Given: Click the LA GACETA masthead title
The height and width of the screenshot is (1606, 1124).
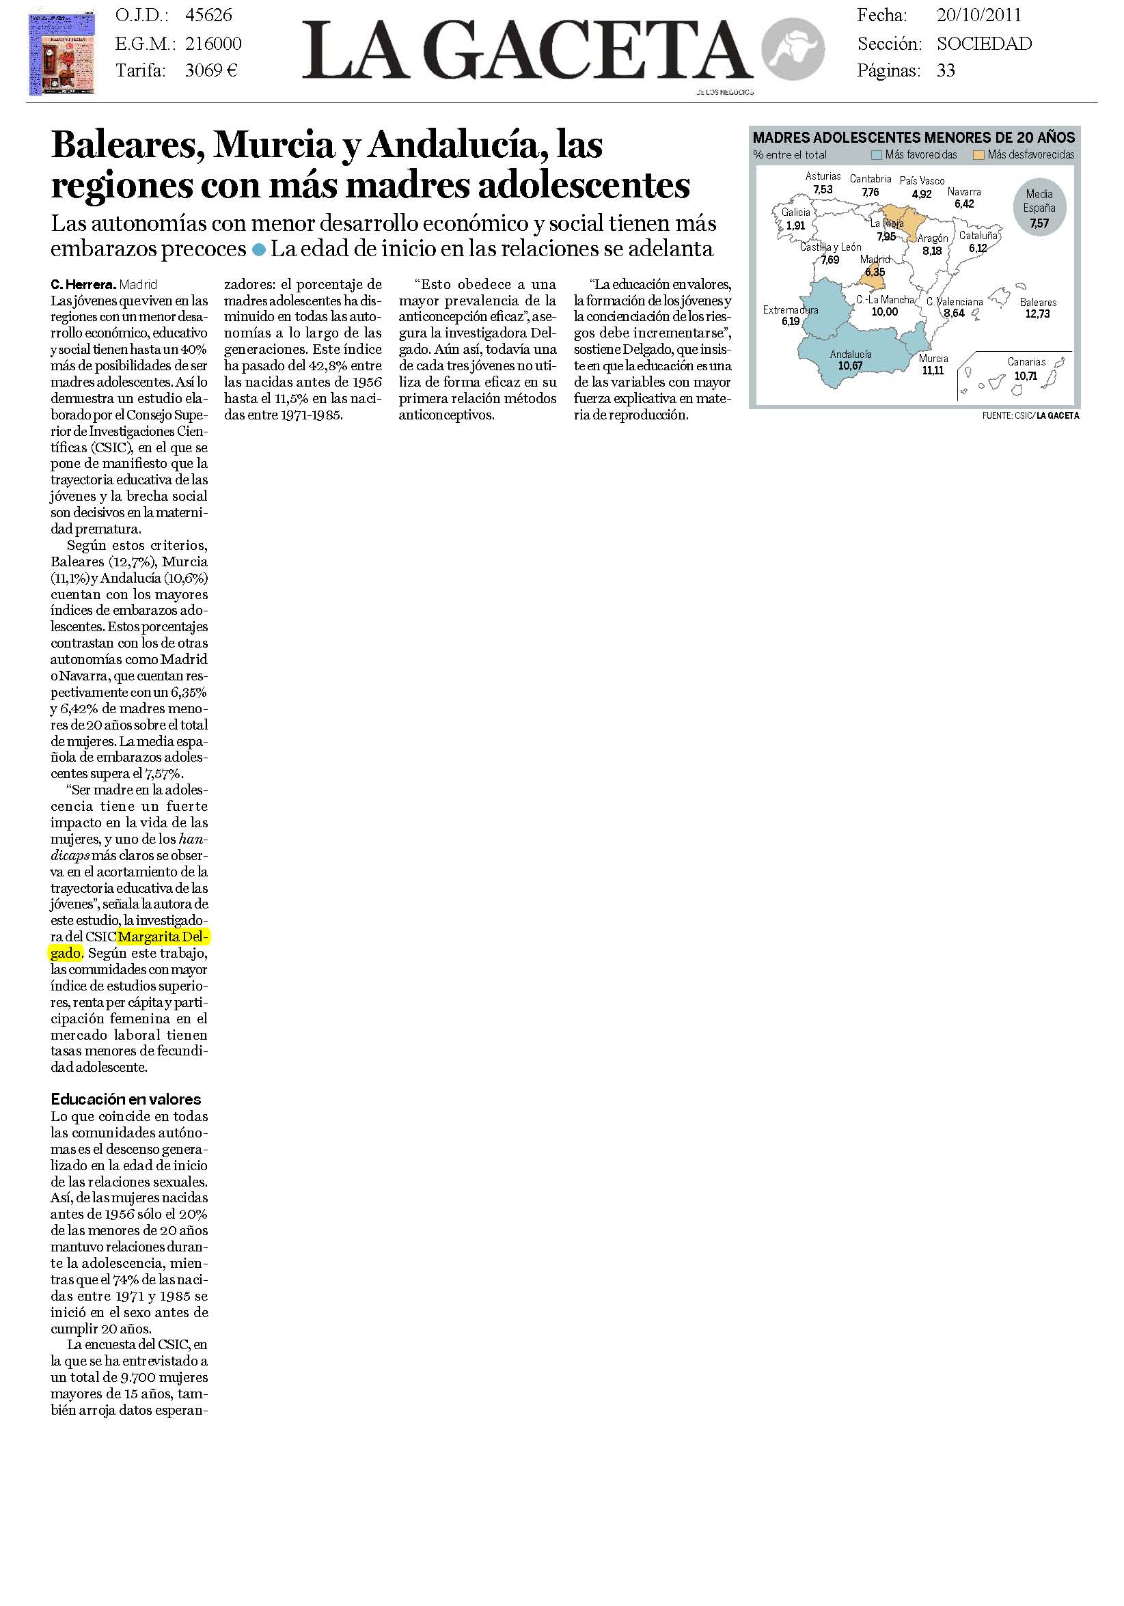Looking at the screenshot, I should pyautogui.click(x=526, y=51).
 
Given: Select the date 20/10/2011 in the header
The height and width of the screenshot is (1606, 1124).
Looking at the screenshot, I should pyautogui.click(x=978, y=16).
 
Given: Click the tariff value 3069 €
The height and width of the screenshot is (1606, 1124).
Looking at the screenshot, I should pyautogui.click(x=211, y=70).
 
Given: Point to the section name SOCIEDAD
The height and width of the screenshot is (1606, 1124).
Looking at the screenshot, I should pyautogui.click(x=984, y=44).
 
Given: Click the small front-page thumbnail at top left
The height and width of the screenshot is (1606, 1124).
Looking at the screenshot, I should pyautogui.click(x=61, y=55).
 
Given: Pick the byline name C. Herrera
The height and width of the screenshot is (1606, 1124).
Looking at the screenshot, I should pyautogui.click(x=83, y=285).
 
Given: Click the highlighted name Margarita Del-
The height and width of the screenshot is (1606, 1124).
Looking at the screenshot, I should pyautogui.click(x=164, y=937).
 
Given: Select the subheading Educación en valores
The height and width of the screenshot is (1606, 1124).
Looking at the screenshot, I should pyautogui.click(x=126, y=1099).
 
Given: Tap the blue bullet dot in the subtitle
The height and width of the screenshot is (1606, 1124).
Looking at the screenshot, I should pyautogui.click(x=259, y=250).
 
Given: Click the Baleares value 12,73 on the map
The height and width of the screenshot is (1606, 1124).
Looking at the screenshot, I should pyautogui.click(x=1037, y=314).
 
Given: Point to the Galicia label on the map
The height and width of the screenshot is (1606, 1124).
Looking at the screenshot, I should pyautogui.click(x=796, y=212).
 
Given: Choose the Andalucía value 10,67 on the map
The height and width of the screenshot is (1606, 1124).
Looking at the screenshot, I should pyautogui.click(x=851, y=366).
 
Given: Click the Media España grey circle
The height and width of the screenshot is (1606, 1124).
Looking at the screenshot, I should pyautogui.click(x=1039, y=208).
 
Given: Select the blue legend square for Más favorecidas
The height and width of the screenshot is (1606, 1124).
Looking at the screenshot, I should pyautogui.click(x=877, y=155).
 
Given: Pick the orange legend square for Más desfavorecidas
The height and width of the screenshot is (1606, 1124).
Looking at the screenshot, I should pyautogui.click(x=979, y=155).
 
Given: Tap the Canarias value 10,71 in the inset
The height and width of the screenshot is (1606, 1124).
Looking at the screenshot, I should pyautogui.click(x=1026, y=376).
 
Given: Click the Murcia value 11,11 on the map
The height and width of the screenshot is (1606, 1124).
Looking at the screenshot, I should pyautogui.click(x=933, y=371).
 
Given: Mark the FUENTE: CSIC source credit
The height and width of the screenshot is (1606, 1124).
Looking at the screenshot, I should pyautogui.click(x=1006, y=415).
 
